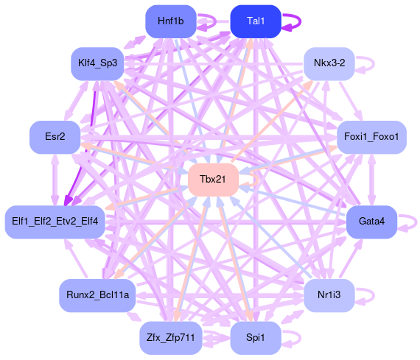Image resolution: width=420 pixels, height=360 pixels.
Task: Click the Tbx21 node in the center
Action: [213, 180]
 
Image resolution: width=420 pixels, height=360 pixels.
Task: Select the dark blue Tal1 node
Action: [256, 21]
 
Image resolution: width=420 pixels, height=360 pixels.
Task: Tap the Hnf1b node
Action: [171, 21]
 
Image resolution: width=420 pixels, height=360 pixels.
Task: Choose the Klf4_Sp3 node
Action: [97, 64]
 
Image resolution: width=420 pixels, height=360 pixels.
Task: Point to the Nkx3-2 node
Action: [329, 64]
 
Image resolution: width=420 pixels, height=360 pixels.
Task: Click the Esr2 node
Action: [55, 137]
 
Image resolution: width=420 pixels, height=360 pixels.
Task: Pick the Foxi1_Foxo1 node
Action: [371, 137]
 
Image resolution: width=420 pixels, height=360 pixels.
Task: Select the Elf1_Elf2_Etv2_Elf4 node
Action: [55, 222]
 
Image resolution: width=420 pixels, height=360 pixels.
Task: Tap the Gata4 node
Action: [371, 222]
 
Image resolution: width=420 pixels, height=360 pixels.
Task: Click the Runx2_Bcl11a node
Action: [97, 295]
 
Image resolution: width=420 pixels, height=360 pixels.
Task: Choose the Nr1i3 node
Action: [329, 295]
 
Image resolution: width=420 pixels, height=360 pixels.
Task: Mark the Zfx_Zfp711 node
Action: [171, 338]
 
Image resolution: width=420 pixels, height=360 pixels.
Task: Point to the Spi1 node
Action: [256, 338]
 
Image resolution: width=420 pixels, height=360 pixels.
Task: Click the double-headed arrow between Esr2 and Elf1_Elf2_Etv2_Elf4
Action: [55, 180]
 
